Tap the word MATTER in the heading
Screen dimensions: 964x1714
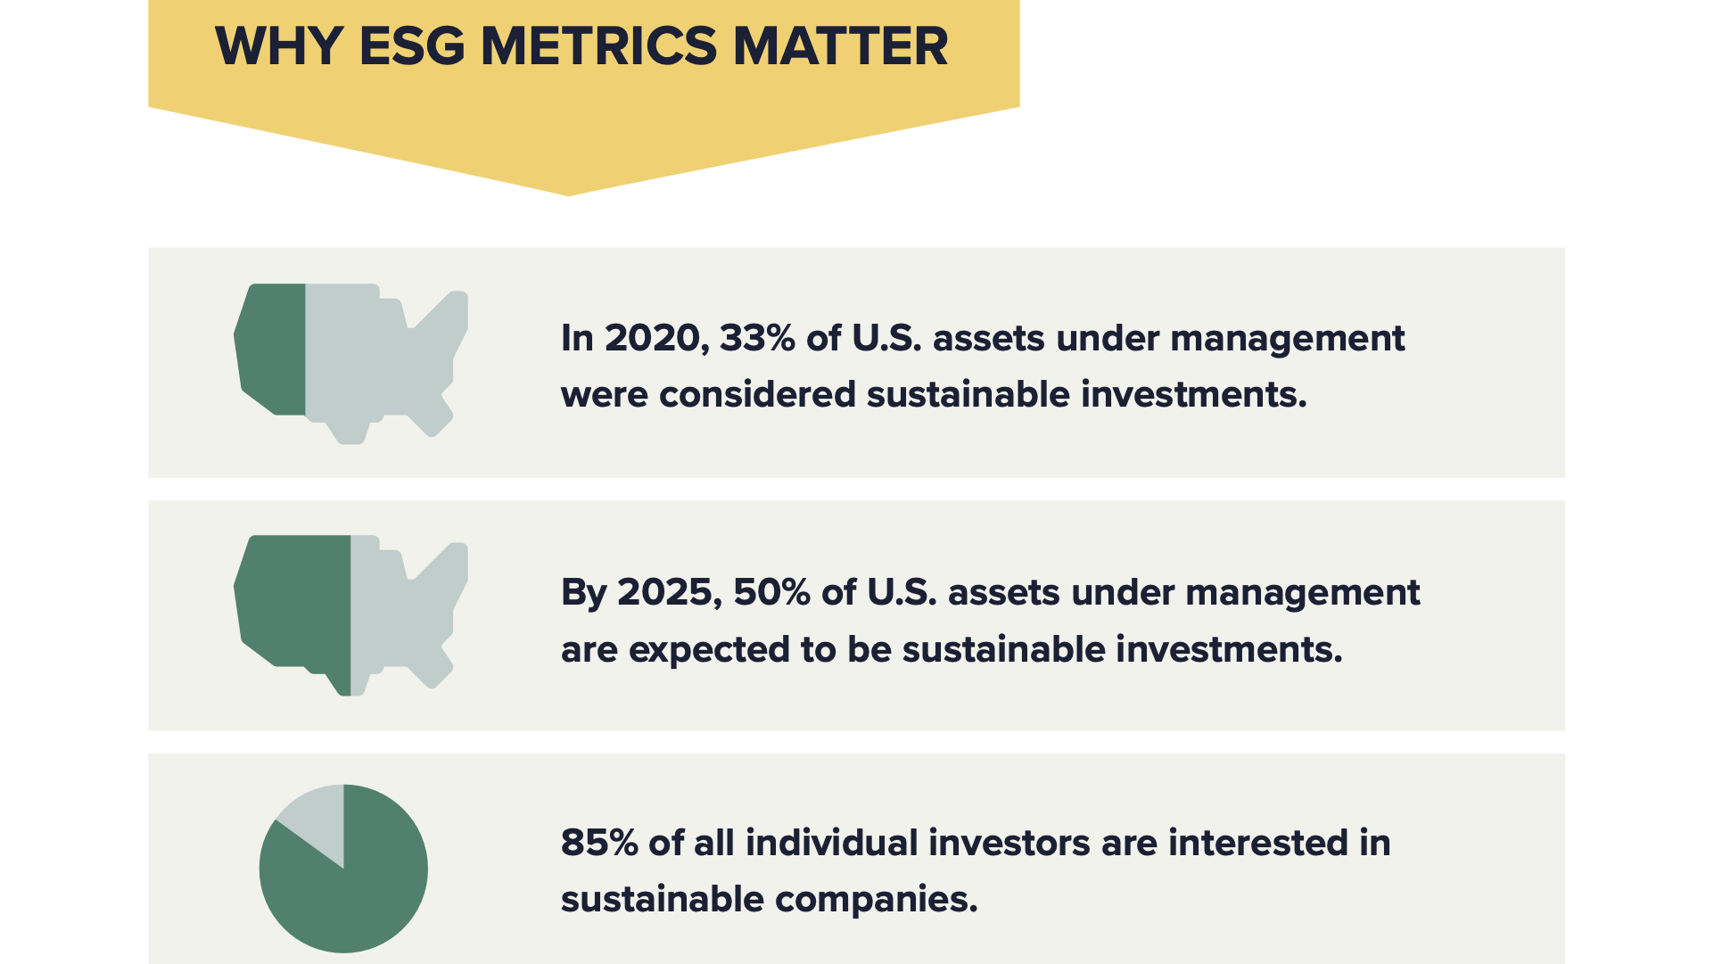coord(840,46)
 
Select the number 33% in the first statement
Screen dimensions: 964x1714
coord(757,339)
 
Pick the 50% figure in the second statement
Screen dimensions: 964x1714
coord(771,593)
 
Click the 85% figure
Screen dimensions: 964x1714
coord(599,844)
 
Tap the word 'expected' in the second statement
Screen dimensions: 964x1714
coord(709,650)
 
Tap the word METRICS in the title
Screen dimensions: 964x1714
coord(598,46)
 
